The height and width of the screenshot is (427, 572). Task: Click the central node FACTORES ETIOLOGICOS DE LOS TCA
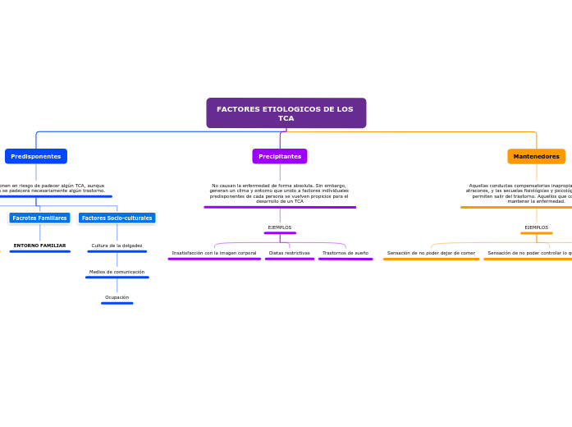[286, 113]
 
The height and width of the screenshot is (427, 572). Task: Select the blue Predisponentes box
[36, 156]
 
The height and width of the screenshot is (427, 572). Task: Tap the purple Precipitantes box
[280, 156]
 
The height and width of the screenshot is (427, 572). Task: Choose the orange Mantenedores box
[536, 156]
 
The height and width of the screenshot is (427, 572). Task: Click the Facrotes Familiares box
[39, 218]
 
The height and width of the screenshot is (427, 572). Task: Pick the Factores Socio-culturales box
[117, 218]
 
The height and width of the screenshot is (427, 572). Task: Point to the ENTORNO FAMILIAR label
[39, 246]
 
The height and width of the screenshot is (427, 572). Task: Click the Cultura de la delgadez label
[117, 246]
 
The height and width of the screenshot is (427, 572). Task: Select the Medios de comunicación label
[117, 272]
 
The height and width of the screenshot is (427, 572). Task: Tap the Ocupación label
[117, 297]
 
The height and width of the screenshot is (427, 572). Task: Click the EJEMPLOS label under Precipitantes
[280, 227]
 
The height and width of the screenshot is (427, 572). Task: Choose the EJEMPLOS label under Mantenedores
[536, 227]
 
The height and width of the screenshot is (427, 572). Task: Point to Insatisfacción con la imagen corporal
[214, 253]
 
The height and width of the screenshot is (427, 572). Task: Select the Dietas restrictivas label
[290, 253]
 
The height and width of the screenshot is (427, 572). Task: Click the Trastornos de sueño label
[345, 253]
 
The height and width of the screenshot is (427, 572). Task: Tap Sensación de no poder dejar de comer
[431, 253]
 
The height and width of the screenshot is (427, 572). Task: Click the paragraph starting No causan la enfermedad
[279, 193]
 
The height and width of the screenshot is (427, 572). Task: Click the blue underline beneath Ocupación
[117, 303]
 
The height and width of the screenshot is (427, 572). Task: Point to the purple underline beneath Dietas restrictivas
[290, 259]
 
